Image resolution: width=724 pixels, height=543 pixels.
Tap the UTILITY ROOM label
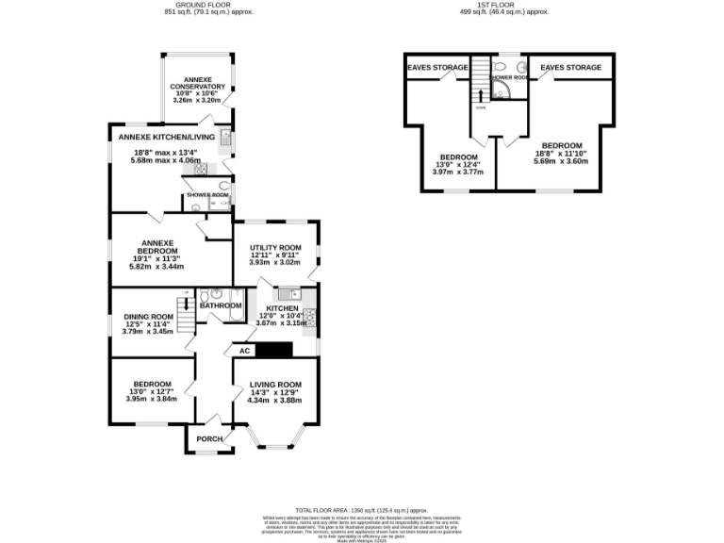point(274,247)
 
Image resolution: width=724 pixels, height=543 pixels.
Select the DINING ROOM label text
point(149,317)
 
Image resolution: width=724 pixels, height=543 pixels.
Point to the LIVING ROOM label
point(274,385)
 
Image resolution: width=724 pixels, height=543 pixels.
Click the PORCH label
point(209,440)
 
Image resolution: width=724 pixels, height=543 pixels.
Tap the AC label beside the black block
point(244,351)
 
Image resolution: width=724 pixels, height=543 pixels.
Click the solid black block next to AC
point(275,350)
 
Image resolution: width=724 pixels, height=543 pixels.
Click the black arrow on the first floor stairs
point(481,93)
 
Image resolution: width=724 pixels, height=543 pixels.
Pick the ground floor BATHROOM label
point(220,305)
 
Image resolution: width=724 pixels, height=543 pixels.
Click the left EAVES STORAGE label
point(437,68)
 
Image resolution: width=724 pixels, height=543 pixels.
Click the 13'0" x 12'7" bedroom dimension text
point(151,399)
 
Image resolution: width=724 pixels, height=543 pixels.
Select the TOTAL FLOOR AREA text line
point(361,508)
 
